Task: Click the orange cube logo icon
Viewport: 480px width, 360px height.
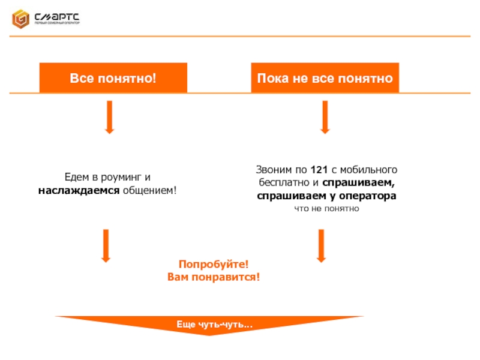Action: click(20, 19)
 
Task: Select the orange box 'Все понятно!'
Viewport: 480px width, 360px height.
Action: click(113, 79)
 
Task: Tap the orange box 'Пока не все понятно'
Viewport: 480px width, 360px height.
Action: click(325, 79)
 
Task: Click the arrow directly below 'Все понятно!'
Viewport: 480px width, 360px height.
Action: click(109, 117)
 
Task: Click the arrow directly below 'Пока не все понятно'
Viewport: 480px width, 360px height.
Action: click(325, 117)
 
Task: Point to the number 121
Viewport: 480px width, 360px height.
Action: click(319, 170)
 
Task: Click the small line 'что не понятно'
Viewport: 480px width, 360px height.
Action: click(326, 208)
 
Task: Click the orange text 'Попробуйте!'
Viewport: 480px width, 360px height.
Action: click(214, 265)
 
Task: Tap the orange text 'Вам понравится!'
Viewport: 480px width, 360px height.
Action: click(214, 277)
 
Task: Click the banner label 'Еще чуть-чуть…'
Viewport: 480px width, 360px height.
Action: click(214, 325)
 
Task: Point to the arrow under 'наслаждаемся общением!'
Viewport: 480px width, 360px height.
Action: click(106, 245)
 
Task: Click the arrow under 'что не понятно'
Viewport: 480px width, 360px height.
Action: click(321, 245)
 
